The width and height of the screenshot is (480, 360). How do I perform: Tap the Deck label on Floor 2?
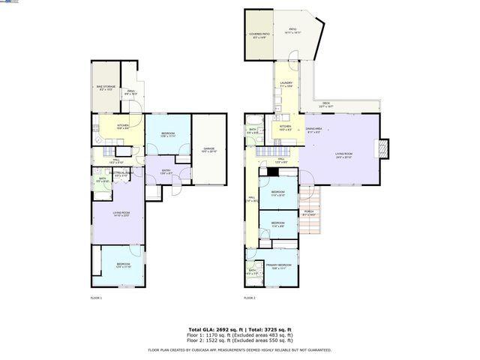coord(326,104)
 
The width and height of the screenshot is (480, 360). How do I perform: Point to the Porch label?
coord(309,213)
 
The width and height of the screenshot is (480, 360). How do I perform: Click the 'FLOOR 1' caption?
coord(96,298)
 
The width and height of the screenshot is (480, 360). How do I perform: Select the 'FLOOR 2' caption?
coord(250,298)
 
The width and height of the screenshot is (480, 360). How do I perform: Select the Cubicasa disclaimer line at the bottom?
coord(239,349)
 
